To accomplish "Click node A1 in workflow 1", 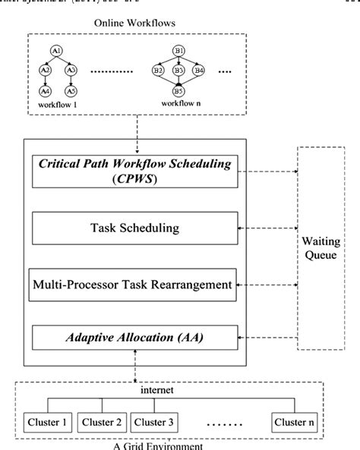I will tap(55, 50).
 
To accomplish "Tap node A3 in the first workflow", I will tap(71, 70).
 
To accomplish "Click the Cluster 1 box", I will tap(47, 422).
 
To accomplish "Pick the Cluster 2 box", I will tap(102, 422).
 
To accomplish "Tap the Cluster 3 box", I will tap(156, 422).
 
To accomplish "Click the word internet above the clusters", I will tap(179, 392).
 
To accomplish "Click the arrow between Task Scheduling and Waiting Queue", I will tap(269, 227).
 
